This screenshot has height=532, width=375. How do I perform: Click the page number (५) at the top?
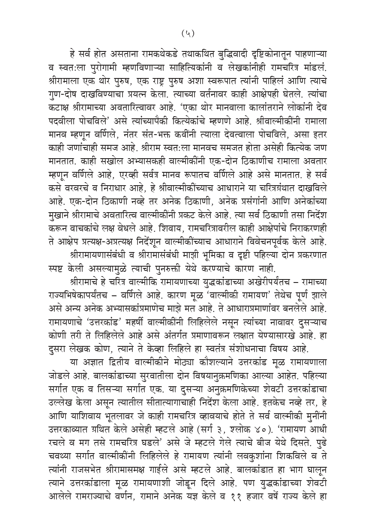click(x=187, y=33)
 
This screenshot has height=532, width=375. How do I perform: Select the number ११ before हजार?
click(x=233, y=513)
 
